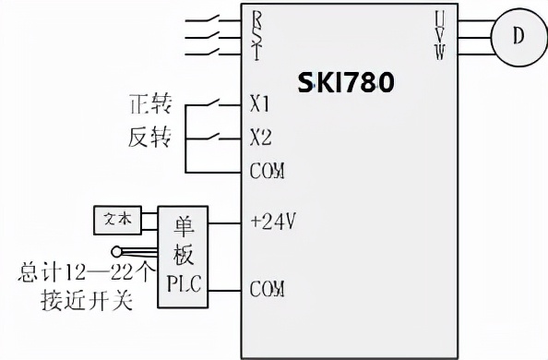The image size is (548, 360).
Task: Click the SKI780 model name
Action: point(346,83)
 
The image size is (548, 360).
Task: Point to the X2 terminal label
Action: point(260,138)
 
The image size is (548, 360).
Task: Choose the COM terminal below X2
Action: point(268,172)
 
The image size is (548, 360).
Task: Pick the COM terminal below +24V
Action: point(268,289)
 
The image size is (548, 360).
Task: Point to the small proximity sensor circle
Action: point(115,250)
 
